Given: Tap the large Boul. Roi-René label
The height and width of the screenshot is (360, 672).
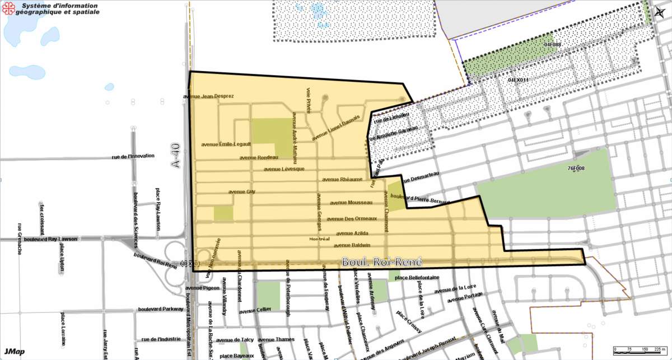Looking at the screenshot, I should click(x=381, y=262).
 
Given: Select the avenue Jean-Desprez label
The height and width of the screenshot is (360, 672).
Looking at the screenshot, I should click(x=208, y=96).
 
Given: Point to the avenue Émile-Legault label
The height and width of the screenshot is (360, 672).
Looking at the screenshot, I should click(x=226, y=144).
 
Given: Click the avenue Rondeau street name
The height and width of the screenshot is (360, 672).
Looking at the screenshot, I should click(x=259, y=157).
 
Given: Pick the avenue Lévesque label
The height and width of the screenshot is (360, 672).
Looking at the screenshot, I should click(x=284, y=169).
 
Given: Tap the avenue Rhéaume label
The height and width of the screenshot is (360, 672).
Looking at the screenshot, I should click(x=343, y=180).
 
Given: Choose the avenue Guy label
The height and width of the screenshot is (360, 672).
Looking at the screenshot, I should click(x=242, y=191).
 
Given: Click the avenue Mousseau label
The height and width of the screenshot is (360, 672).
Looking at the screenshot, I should click(x=351, y=203).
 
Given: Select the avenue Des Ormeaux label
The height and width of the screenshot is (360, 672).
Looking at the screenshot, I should click(x=352, y=219).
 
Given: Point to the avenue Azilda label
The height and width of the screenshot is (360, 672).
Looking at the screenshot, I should click(x=352, y=233).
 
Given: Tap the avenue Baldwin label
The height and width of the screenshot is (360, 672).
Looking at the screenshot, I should click(x=352, y=245).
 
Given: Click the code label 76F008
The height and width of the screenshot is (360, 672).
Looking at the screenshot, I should click(x=576, y=168).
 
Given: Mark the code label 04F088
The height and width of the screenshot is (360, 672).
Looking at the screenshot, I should click(x=552, y=44).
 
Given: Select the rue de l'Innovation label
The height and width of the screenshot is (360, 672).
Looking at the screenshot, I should click(x=133, y=156).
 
